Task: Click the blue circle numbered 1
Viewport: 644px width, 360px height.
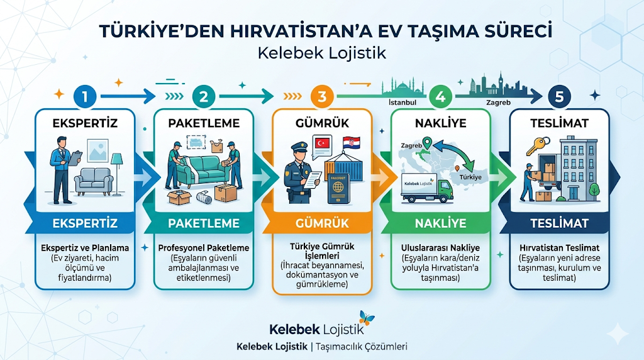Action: (85, 96)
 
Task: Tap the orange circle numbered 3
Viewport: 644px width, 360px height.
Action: (322, 96)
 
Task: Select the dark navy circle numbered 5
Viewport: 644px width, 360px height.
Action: (559, 96)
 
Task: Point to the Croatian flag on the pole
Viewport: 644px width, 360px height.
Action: (351, 143)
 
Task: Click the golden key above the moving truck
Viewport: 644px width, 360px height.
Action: (538, 145)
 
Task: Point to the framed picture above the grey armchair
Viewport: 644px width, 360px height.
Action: (97, 150)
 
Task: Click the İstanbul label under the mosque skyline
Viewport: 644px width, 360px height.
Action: (402, 103)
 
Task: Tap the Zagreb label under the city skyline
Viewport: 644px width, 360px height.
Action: (498, 103)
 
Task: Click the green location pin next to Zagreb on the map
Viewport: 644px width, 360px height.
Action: (427, 143)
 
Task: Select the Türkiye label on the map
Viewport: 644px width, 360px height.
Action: (470, 177)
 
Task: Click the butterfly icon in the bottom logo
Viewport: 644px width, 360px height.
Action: (366, 318)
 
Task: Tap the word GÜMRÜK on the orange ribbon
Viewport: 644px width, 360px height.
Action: (322, 223)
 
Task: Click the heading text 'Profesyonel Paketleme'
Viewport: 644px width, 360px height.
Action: (204, 248)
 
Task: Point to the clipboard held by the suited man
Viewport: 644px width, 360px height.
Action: (75, 158)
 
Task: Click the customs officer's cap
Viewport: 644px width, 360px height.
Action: (299, 146)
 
